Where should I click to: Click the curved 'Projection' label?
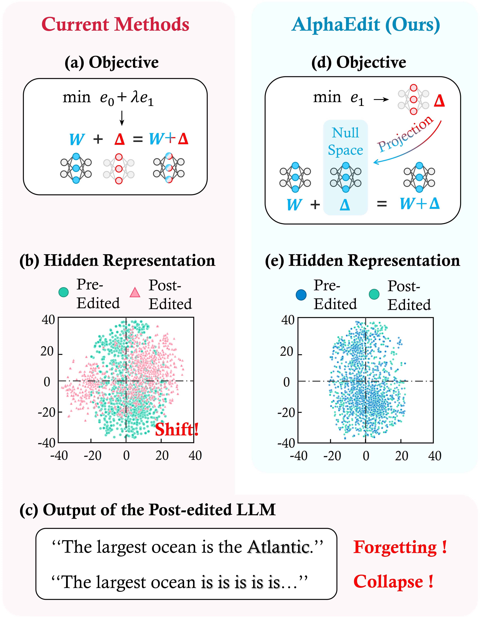(406, 134)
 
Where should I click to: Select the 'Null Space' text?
(345, 141)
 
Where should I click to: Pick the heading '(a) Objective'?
(112, 62)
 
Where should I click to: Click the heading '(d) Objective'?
(359, 62)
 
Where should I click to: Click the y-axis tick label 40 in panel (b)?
(48, 320)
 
